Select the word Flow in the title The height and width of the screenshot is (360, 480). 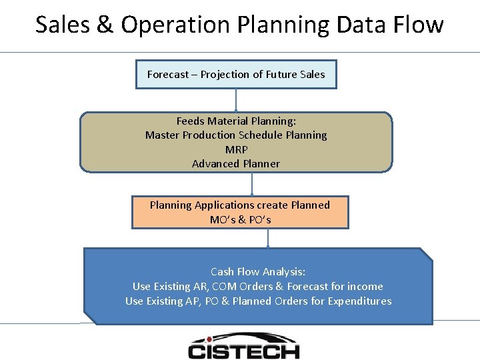pos(418,25)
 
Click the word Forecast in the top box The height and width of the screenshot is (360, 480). pos(168,75)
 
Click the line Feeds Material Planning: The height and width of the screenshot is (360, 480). pos(236,121)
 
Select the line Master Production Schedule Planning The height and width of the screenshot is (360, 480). pos(236,135)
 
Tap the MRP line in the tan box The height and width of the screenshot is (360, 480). pos(236,149)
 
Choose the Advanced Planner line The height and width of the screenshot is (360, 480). pos(236,164)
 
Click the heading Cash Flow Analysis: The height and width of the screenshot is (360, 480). pos(258,271)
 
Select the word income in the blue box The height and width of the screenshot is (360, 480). pos(365,286)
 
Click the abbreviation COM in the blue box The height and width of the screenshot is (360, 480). pos(224,286)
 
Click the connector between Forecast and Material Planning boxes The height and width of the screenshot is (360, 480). pos(236,100)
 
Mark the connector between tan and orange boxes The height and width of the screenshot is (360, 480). pos(252,184)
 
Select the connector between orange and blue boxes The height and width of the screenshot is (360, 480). pos(268,238)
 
